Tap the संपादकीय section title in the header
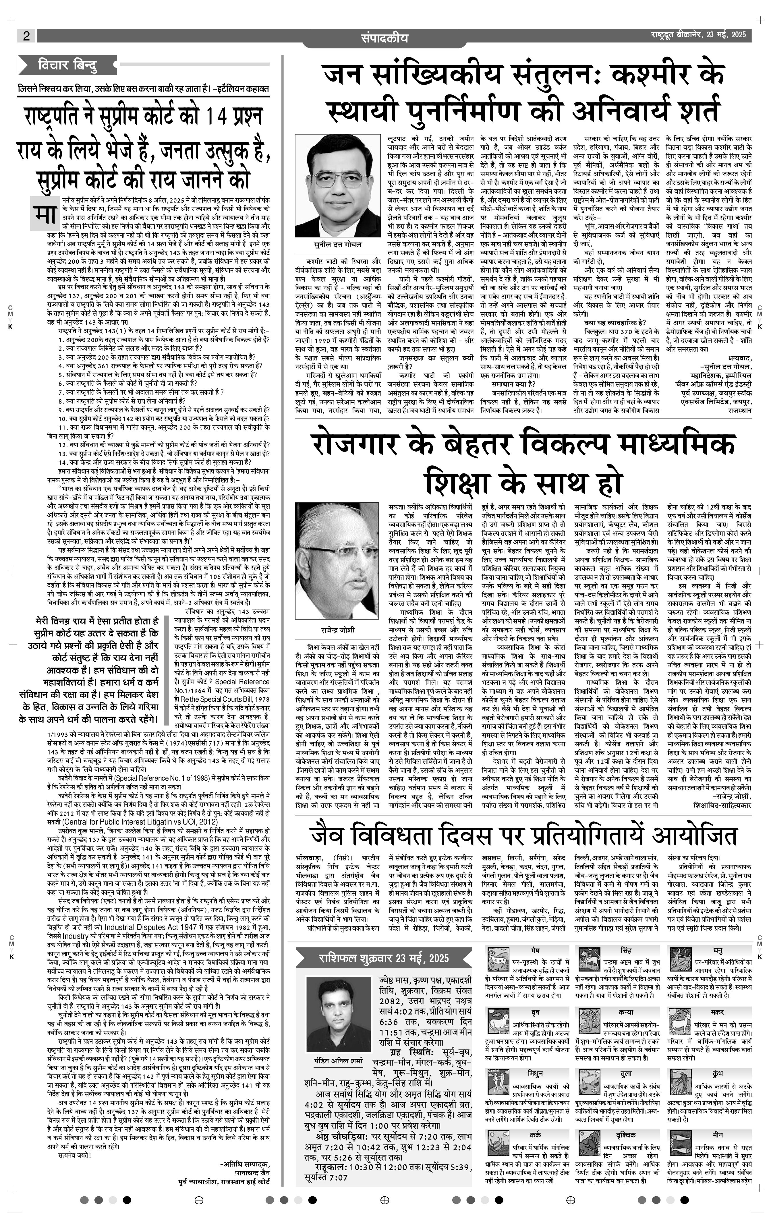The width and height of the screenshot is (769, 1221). pos(384,38)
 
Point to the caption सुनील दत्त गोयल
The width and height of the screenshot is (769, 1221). pos(337,244)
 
